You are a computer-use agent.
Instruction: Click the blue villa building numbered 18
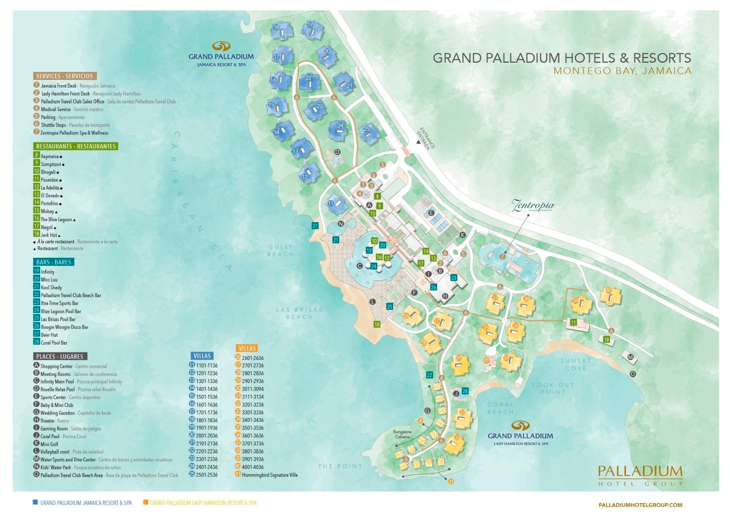coord(282,30)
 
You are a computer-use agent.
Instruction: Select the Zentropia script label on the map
coord(532,205)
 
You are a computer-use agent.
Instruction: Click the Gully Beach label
coord(281,250)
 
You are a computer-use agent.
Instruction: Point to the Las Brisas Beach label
coord(299,313)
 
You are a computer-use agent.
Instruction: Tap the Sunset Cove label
coord(576,364)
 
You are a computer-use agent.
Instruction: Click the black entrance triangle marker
coord(418,142)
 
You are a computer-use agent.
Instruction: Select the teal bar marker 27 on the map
coord(315,226)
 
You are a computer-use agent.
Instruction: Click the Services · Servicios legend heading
coord(65,76)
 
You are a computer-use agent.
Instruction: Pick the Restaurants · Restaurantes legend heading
coord(76,146)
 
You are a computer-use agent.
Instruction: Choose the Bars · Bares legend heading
coord(54,262)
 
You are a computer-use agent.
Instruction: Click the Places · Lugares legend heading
coord(60,356)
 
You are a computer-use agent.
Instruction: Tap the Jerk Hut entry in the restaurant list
coord(49,235)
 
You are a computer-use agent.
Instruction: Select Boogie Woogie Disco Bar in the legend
coord(64,327)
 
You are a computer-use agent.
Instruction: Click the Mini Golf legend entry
coord(49,444)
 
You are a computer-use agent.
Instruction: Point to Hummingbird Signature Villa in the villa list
coord(270,475)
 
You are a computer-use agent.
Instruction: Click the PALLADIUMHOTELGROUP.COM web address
coord(640,505)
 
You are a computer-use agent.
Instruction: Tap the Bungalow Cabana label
coord(402,434)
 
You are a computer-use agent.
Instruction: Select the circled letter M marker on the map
coord(630,357)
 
